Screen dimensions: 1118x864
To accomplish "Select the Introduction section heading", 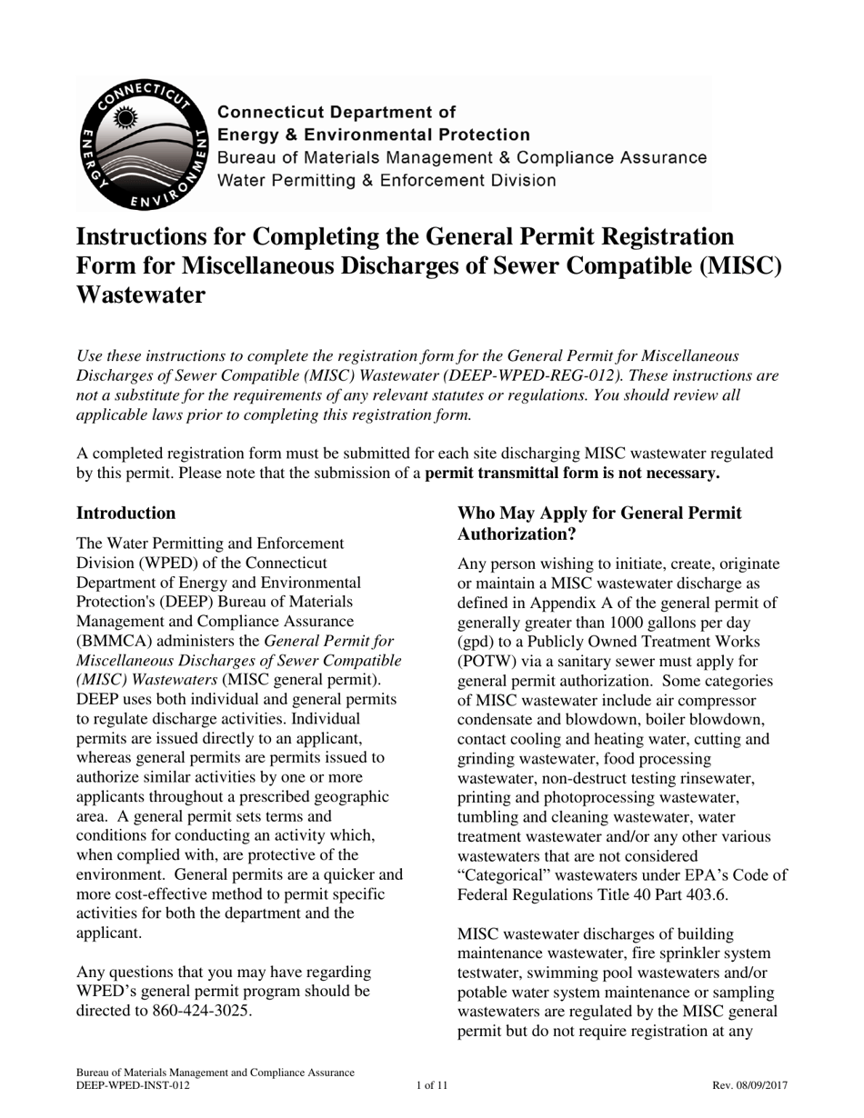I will point(126,514).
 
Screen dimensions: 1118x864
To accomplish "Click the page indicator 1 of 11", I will point(432,1085).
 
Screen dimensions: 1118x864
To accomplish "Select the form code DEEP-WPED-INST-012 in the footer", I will point(134,1085).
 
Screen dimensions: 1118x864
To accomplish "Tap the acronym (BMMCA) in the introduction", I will point(116,642).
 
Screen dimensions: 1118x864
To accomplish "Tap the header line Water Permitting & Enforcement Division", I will point(386,180).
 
